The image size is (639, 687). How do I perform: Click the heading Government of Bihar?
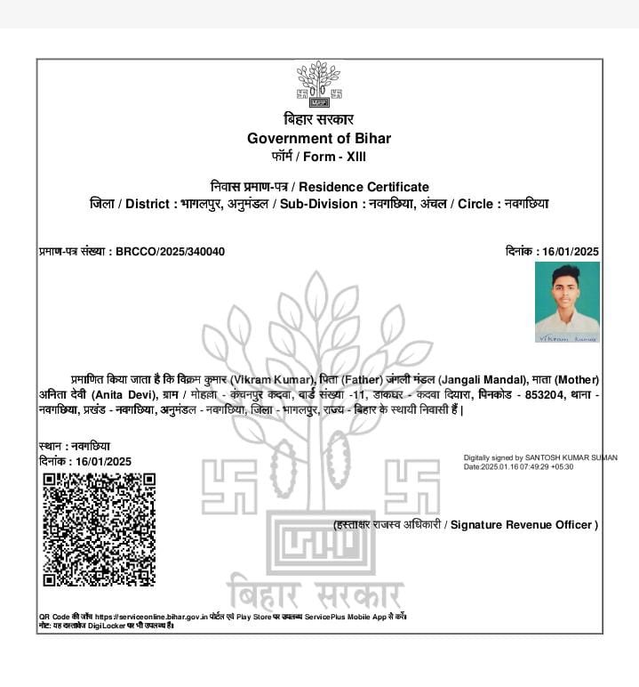pyautogui.click(x=319, y=138)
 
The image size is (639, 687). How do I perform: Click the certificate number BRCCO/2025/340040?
pyautogui.click(x=171, y=252)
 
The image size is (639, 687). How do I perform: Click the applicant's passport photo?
pyautogui.click(x=567, y=302)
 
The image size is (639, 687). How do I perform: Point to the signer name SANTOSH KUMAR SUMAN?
pyautogui.click(x=570, y=458)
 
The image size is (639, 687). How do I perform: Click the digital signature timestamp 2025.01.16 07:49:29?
pyautogui.click(x=515, y=467)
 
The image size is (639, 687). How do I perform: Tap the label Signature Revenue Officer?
pyautogui.click(x=523, y=525)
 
